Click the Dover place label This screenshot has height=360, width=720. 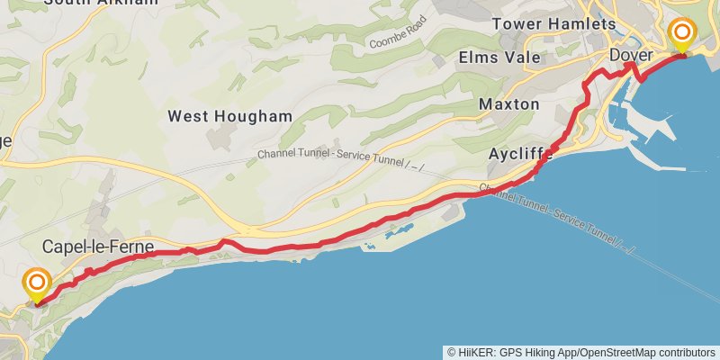click(630, 56)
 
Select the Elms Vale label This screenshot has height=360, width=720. click(499, 58)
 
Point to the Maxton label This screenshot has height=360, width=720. click(508, 104)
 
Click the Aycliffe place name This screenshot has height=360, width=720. click(519, 154)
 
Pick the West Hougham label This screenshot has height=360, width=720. click(229, 116)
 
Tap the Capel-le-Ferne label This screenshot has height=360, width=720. click(98, 246)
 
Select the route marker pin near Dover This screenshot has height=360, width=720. click(682, 37)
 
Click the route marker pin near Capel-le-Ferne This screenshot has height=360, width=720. click(37, 286)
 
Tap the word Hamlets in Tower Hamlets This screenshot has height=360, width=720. click(586, 24)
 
